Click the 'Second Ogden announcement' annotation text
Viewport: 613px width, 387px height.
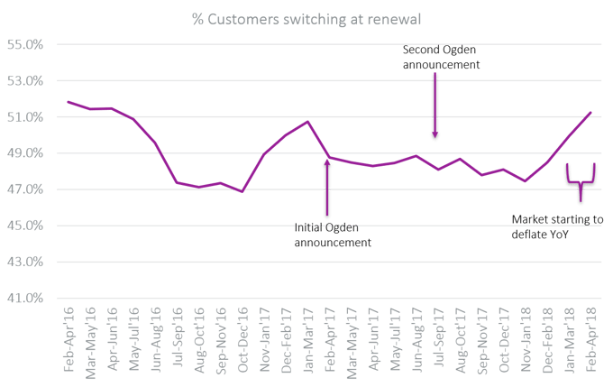pos(442,59)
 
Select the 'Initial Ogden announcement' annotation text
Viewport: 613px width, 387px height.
pos(333,235)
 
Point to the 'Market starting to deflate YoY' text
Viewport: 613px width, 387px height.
pos(558,226)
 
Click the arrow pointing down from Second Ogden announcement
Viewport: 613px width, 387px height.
pos(435,106)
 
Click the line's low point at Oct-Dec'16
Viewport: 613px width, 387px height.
pos(242,192)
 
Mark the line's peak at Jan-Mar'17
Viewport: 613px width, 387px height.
pos(307,121)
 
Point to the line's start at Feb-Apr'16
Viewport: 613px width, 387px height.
pos(69,101)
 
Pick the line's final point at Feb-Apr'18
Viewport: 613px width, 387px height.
pos(590,113)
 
